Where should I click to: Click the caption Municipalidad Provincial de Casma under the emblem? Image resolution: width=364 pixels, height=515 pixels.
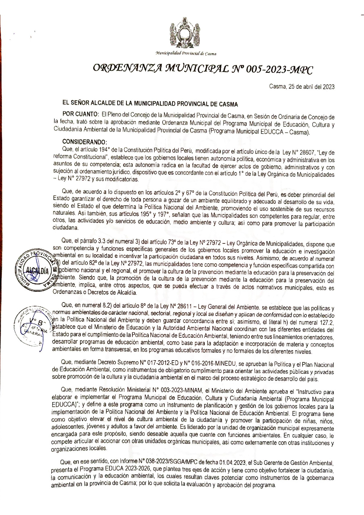[186, 54]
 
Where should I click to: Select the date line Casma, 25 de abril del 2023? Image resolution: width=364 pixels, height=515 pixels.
[301, 87]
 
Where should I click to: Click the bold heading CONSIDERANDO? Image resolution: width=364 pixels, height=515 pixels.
[84, 142]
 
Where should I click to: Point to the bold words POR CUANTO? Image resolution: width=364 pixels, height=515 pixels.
[80, 114]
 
